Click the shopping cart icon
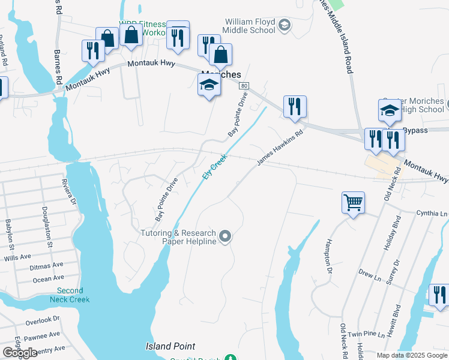click(x=353, y=202)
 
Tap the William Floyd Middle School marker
click(x=285, y=25)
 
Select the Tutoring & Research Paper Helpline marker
click(x=225, y=237)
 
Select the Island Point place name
click(x=170, y=346)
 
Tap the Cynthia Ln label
click(x=432, y=213)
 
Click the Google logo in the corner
click(x=20, y=353)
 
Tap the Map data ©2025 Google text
click(x=411, y=355)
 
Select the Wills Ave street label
click(x=17, y=257)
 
